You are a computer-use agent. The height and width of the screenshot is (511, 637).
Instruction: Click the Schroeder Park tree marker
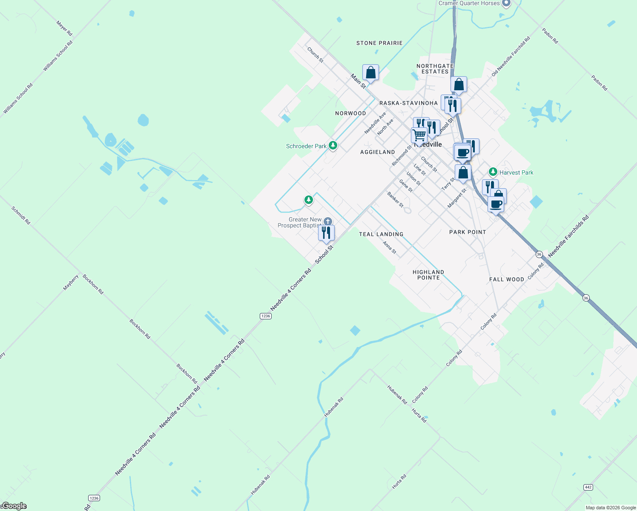pos(333,146)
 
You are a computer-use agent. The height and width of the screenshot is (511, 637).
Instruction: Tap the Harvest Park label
pos(516,172)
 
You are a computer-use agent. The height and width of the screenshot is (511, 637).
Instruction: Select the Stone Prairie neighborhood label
pos(379,43)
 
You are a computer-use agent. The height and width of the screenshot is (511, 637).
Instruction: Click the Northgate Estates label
pos(435,69)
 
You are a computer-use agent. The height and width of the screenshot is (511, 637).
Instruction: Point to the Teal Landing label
pos(381,234)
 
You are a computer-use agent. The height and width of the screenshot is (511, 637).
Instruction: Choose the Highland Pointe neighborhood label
pos(428,275)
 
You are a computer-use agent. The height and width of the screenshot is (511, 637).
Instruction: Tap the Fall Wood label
pos(507,279)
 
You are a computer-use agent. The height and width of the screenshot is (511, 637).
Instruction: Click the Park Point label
pos(468,232)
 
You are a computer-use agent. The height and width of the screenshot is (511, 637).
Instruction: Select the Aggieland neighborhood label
pos(378,152)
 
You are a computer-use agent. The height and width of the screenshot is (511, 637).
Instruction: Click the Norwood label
pos(350,113)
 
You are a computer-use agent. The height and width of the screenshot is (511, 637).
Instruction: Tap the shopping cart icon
pos(419,135)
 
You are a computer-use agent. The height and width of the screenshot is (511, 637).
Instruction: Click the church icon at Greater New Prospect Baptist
pos(327,221)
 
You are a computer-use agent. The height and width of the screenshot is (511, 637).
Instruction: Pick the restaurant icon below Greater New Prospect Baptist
pos(326,233)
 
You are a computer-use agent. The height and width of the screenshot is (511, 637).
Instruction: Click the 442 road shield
pos(588,487)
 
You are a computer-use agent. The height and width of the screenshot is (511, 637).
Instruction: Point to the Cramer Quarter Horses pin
pos(506,3)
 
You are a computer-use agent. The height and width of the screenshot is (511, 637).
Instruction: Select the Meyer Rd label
pos(64,28)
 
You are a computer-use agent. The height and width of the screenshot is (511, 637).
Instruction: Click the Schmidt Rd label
pos(21,215)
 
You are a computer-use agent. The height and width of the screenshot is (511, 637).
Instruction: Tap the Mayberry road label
pos(71,282)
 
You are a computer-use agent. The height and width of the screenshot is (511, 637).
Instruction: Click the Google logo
pos(14,506)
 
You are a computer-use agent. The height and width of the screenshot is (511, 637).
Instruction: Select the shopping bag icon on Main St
pos(370,73)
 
